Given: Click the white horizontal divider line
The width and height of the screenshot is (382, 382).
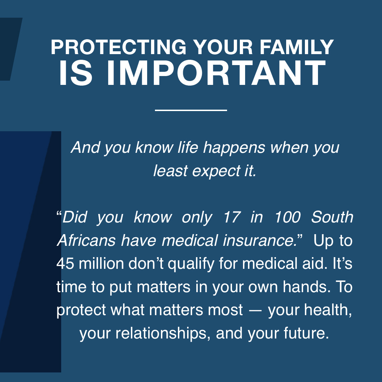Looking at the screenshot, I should click(x=191, y=110).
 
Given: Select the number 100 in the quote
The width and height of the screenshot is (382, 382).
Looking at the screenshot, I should click(x=287, y=217).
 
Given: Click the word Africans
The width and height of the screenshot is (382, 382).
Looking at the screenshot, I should click(x=86, y=241).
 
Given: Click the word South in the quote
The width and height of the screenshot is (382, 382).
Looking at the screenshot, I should click(x=332, y=217).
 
